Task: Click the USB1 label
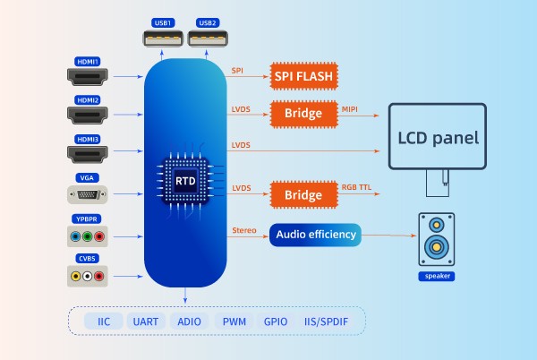163,21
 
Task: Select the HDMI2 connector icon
88,115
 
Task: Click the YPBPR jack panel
88,237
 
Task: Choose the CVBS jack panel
88,277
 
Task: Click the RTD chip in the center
185,180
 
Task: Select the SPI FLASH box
303,76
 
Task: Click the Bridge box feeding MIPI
303,116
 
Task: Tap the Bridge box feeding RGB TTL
303,194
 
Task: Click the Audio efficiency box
315,235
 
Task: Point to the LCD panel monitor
438,139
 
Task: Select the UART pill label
145,321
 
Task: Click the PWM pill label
234,321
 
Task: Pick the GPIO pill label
276,321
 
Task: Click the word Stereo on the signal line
244,230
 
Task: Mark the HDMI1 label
88,61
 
